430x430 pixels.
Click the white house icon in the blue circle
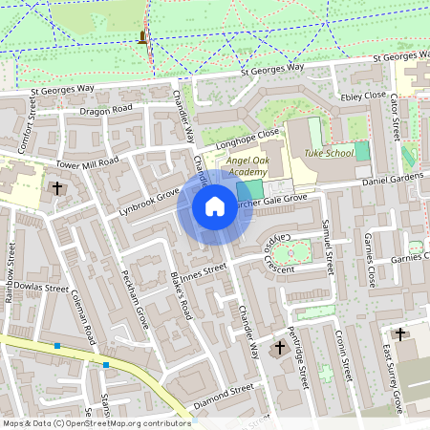[215, 205]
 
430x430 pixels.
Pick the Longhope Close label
[253, 133]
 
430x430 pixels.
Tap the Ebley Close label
[363, 96]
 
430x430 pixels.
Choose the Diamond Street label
[223, 390]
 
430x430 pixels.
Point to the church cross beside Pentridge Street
[280, 347]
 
